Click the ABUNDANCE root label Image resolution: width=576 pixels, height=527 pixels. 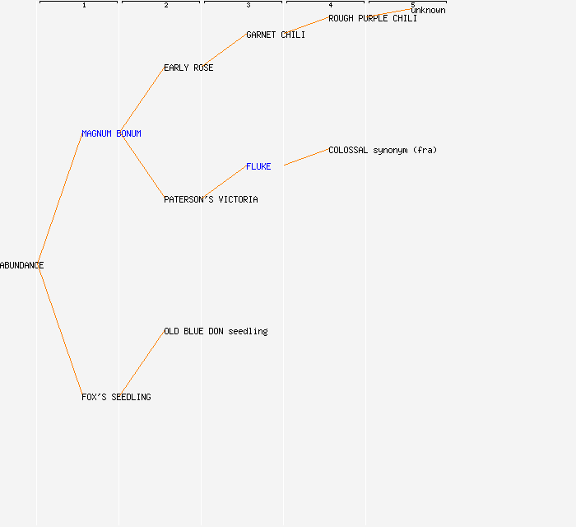point(21,265)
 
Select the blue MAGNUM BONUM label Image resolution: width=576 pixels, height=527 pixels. point(111,133)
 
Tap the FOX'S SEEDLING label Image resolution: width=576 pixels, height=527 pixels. point(116,397)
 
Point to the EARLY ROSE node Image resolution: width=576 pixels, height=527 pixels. point(188,68)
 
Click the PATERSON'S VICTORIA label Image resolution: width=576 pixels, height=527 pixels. point(211,199)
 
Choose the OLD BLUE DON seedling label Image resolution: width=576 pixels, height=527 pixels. point(216,331)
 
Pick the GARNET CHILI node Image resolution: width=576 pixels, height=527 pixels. point(276,35)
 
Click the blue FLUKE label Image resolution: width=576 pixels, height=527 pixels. point(258,166)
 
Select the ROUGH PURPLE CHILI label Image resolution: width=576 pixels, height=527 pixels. point(373,18)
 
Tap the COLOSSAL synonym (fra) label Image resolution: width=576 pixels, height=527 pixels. point(383,150)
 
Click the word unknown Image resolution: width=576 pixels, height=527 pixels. point(428,10)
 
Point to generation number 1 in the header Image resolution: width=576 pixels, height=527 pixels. point(84,5)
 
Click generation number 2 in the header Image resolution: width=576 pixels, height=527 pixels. point(166,5)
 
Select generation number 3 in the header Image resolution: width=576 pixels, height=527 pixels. point(249,5)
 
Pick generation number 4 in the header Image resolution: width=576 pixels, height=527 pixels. point(331,5)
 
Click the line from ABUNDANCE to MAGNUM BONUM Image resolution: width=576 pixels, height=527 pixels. point(60,199)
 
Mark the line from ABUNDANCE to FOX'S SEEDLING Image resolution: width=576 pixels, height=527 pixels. point(60,331)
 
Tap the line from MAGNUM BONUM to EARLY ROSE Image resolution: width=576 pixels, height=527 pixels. point(142,100)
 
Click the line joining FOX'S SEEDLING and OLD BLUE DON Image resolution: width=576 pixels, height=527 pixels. point(142,364)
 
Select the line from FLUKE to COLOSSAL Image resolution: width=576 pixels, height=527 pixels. point(306,157)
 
